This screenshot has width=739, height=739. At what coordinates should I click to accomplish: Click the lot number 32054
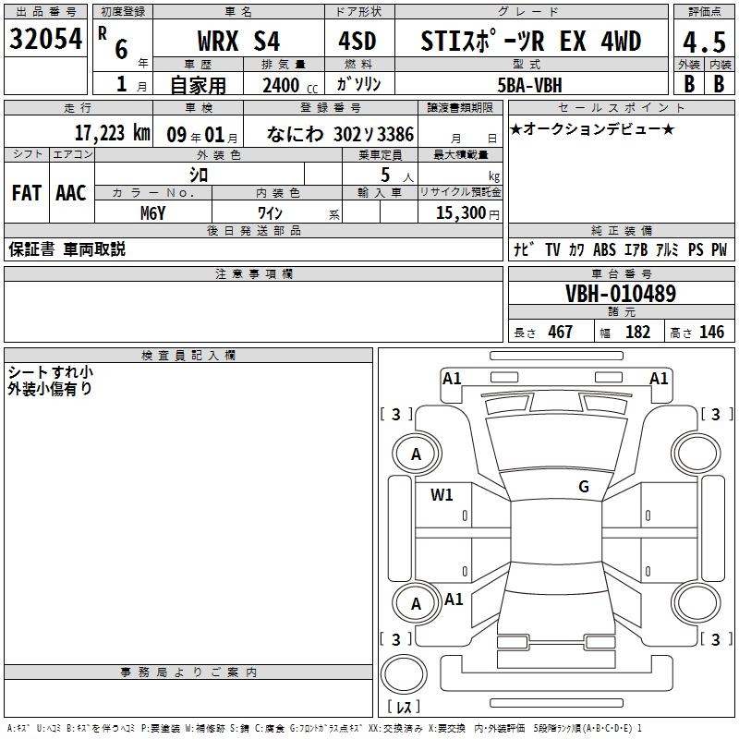[45, 39]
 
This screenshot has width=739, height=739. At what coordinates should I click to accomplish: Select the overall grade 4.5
[704, 42]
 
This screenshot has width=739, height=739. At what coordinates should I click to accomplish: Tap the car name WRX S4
[238, 41]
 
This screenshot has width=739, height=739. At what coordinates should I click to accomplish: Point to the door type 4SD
[357, 41]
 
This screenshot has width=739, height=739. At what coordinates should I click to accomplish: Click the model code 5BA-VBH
[529, 85]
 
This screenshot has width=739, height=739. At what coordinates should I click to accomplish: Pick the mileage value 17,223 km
[112, 133]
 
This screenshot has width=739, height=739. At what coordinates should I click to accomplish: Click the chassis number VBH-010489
[621, 294]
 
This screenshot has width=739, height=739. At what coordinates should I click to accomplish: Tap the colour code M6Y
[152, 213]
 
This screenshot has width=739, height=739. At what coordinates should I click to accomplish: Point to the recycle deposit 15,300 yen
[467, 213]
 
